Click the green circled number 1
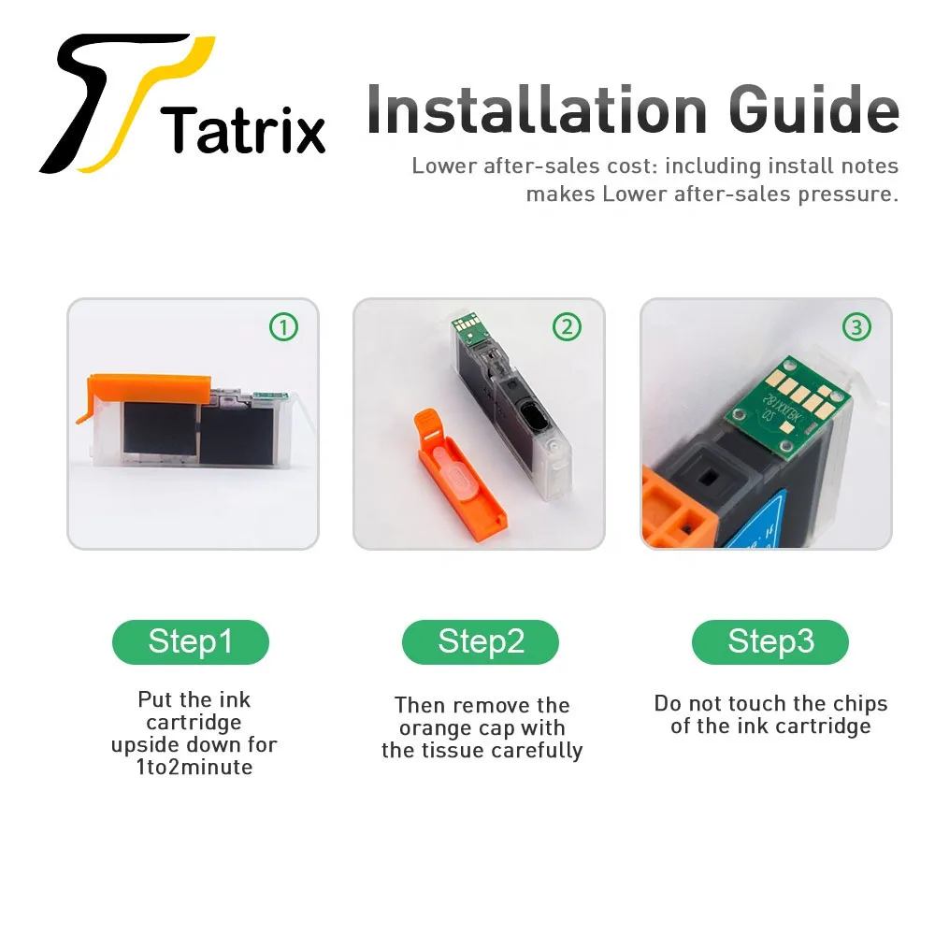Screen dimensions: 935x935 click(283, 327)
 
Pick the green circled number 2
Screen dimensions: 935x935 click(567, 327)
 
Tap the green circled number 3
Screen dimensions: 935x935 click(856, 327)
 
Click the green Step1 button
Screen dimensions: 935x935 click(191, 642)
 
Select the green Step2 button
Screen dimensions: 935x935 click(481, 642)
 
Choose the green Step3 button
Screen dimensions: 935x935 click(770, 642)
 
